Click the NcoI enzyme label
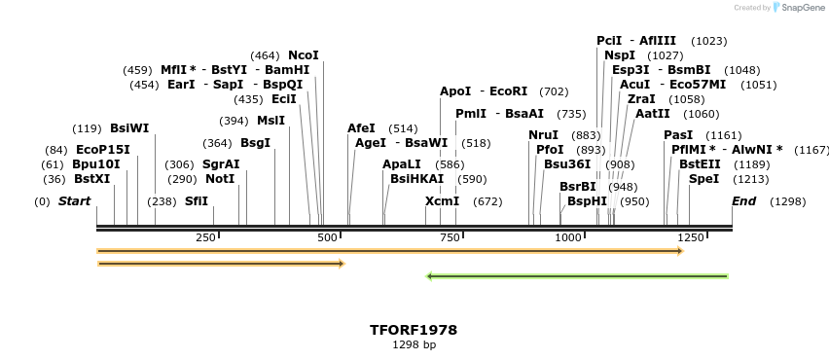[x=303, y=55]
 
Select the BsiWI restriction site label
[x=129, y=128]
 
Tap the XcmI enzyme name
[x=442, y=201]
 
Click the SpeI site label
[x=703, y=179]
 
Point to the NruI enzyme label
[x=543, y=135]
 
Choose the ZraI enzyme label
[x=641, y=99]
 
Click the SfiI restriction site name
[x=197, y=201]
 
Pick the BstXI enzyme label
[x=92, y=179]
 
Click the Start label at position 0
[x=74, y=201]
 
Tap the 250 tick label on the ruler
[x=205, y=238]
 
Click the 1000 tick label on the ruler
[x=567, y=238]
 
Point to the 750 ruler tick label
[x=450, y=238]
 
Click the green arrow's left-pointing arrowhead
[x=430, y=276]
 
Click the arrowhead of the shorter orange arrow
[x=341, y=264]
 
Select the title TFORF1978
[x=414, y=330]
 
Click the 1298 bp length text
[x=414, y=345]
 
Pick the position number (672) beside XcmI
[x=487, y=201]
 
